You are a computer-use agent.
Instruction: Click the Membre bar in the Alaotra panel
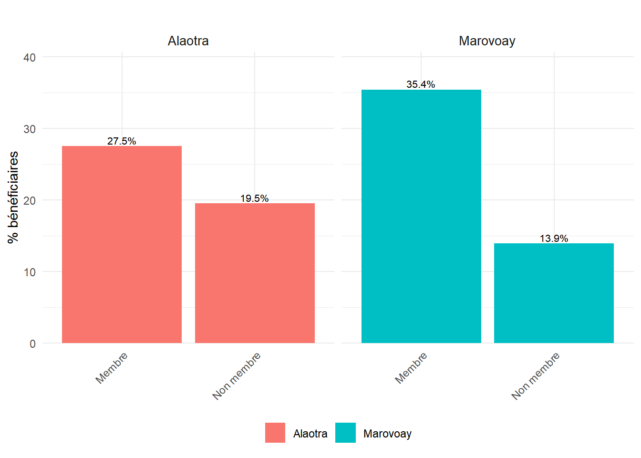122,244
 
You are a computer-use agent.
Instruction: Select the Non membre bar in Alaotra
255,273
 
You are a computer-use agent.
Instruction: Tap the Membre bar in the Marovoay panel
421,216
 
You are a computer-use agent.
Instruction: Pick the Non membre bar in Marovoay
554,293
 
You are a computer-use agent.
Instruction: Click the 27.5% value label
122,141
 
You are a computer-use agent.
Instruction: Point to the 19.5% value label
254,198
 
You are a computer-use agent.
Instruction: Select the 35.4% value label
421,84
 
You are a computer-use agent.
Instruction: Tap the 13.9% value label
554,239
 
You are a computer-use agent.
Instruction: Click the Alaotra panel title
188,41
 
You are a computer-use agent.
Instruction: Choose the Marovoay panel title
487,41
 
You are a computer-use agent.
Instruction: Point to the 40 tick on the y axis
30,58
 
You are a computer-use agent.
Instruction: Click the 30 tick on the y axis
30,129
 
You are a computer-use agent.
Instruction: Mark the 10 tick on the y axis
30,272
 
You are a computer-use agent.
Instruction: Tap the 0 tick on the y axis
32,344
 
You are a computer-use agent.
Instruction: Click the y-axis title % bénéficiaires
13,197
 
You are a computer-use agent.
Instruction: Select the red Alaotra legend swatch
275,433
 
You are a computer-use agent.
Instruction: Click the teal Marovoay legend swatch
345,433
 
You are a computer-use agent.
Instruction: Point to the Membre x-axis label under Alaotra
112,368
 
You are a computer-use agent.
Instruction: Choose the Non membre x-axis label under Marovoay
535,376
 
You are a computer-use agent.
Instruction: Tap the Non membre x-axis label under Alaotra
236,376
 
